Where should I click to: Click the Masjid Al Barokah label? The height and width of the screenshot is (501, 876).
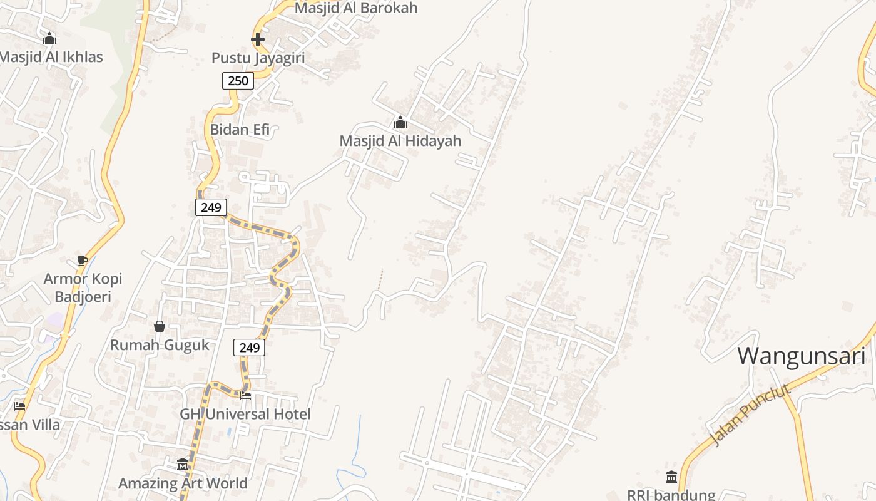coord(355,8)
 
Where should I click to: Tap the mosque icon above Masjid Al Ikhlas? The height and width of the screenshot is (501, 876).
coord(49,39)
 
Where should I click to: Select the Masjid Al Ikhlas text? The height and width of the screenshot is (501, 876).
coord(51,57)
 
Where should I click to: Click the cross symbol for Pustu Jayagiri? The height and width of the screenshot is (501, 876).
coord(257,39)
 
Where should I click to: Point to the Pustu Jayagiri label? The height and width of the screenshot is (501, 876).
coord(258,58)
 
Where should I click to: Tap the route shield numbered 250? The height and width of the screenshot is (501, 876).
coord(238,80)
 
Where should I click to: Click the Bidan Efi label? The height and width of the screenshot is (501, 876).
coord(240,130)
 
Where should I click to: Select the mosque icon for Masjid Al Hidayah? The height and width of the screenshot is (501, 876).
coord(400,122)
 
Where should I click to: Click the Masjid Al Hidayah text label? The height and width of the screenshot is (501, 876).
coord(400,141)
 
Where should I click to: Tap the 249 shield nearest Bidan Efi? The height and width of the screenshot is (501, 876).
coord(211,207)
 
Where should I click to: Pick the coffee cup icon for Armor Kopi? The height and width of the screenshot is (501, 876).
coord(82,261)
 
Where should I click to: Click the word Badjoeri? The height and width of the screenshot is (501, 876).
coord(83,296)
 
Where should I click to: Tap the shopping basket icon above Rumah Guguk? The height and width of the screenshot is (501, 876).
coord(160,326)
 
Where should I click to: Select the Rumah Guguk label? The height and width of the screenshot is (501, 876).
coord(160,345)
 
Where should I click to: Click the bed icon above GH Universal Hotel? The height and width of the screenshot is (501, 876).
coord(245,395)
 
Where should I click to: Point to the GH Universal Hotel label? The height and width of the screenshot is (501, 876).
coord(245,414)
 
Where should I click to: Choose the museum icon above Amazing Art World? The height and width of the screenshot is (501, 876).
coord(183,465)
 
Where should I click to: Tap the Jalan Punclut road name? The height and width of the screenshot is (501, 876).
coord(751,415)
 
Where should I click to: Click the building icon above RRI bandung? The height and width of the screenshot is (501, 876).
coord(671,477)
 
